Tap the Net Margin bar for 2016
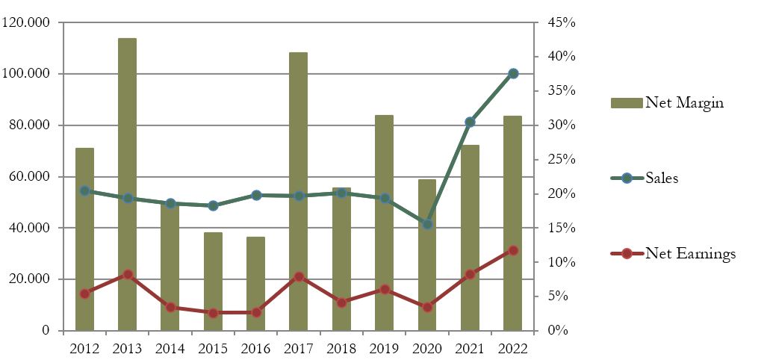255,283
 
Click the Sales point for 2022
513,73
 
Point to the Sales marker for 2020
427,224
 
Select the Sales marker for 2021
470,122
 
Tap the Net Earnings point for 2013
128,275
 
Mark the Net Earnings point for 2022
513,250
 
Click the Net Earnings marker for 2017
299,276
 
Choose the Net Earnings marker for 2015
213,313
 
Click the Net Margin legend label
684,103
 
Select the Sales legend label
662,179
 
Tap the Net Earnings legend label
690,254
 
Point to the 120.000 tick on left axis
26,22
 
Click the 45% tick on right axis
560,22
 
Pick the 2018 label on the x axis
341,349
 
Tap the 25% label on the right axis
560,160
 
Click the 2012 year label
84,349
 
